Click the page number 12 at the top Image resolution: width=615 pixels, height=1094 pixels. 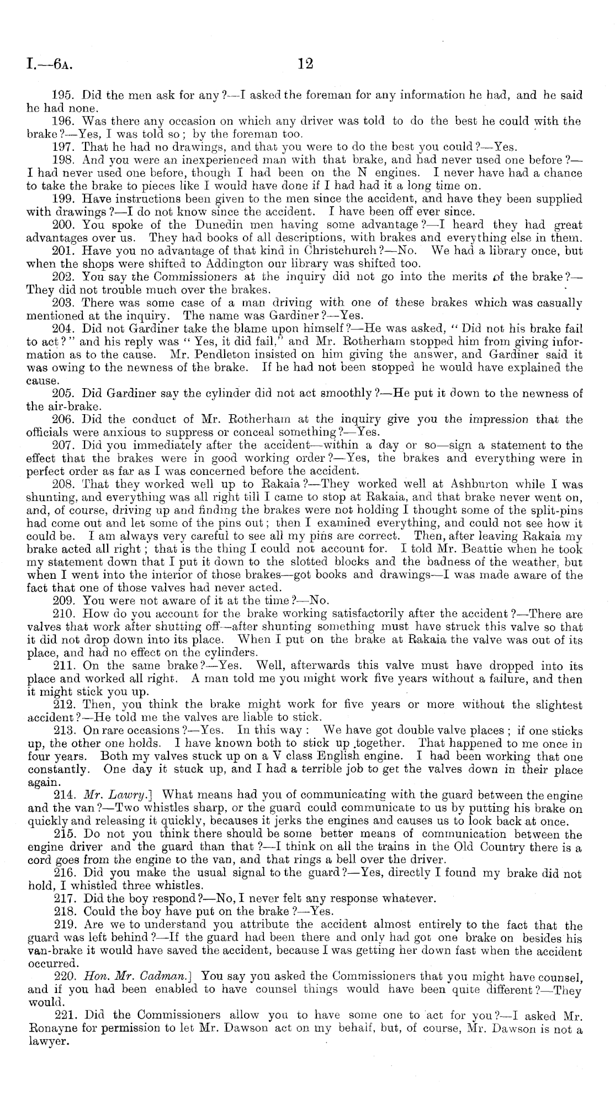tap(305, 64)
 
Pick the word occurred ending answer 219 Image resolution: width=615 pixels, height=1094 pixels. tap(47, 963)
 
